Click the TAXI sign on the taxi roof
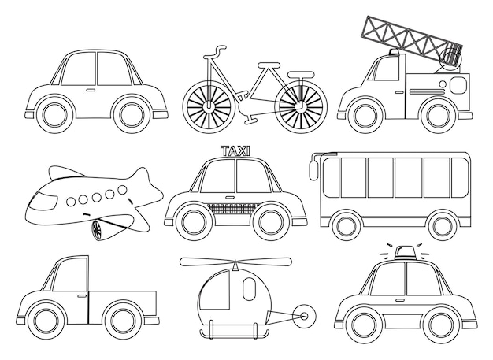235,151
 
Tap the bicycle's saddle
269,65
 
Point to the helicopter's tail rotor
304,317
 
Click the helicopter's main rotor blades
236,262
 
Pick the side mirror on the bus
313,169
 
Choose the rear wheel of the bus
442,225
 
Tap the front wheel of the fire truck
365,115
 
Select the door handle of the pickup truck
82,296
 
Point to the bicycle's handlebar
215,52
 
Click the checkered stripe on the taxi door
233,208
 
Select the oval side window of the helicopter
249,289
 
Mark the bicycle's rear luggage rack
301,74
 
